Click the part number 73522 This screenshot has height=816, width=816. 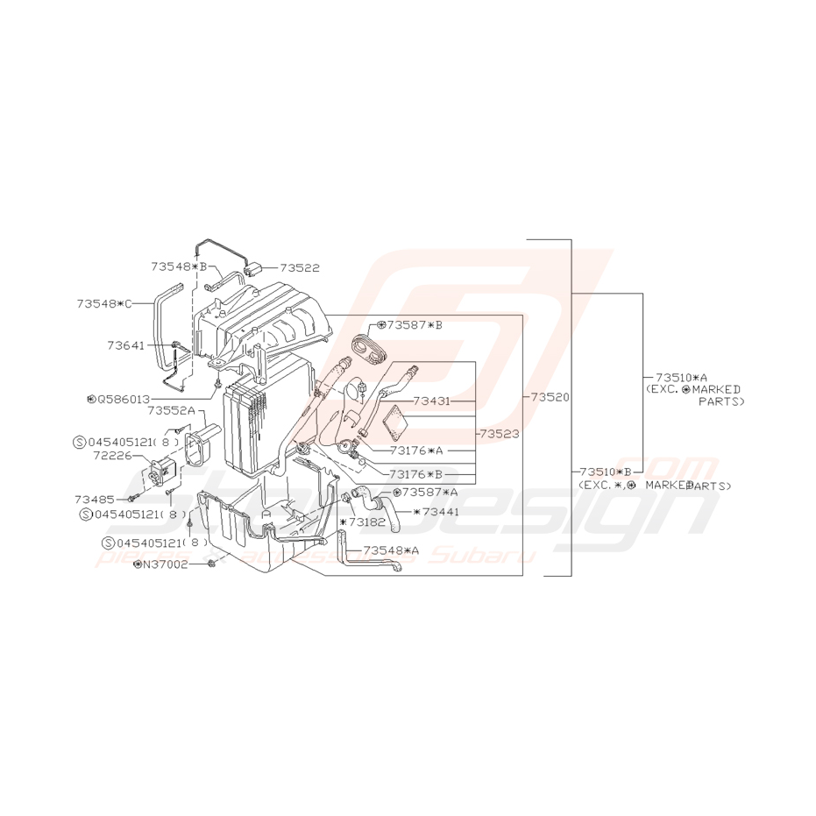tap(301, 267)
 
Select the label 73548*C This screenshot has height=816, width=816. tap(103, 303)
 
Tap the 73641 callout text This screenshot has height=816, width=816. tap(126, 346)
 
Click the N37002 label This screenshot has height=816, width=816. tap(167, 564)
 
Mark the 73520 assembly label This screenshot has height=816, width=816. tap(550, 397)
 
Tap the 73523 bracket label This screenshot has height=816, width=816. tap(500, 433)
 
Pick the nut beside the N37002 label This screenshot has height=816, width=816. tap(213, 564)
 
